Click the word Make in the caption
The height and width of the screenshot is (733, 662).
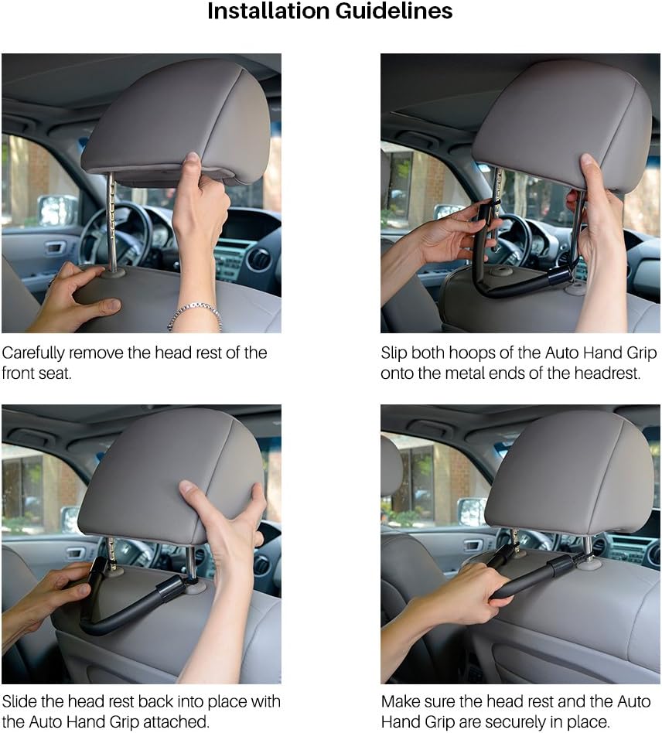[399, 702]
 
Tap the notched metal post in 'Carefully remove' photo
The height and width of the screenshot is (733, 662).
[111, 220]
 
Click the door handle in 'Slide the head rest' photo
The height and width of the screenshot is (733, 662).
[76, 553]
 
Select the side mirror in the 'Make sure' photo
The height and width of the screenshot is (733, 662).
[472, 511]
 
